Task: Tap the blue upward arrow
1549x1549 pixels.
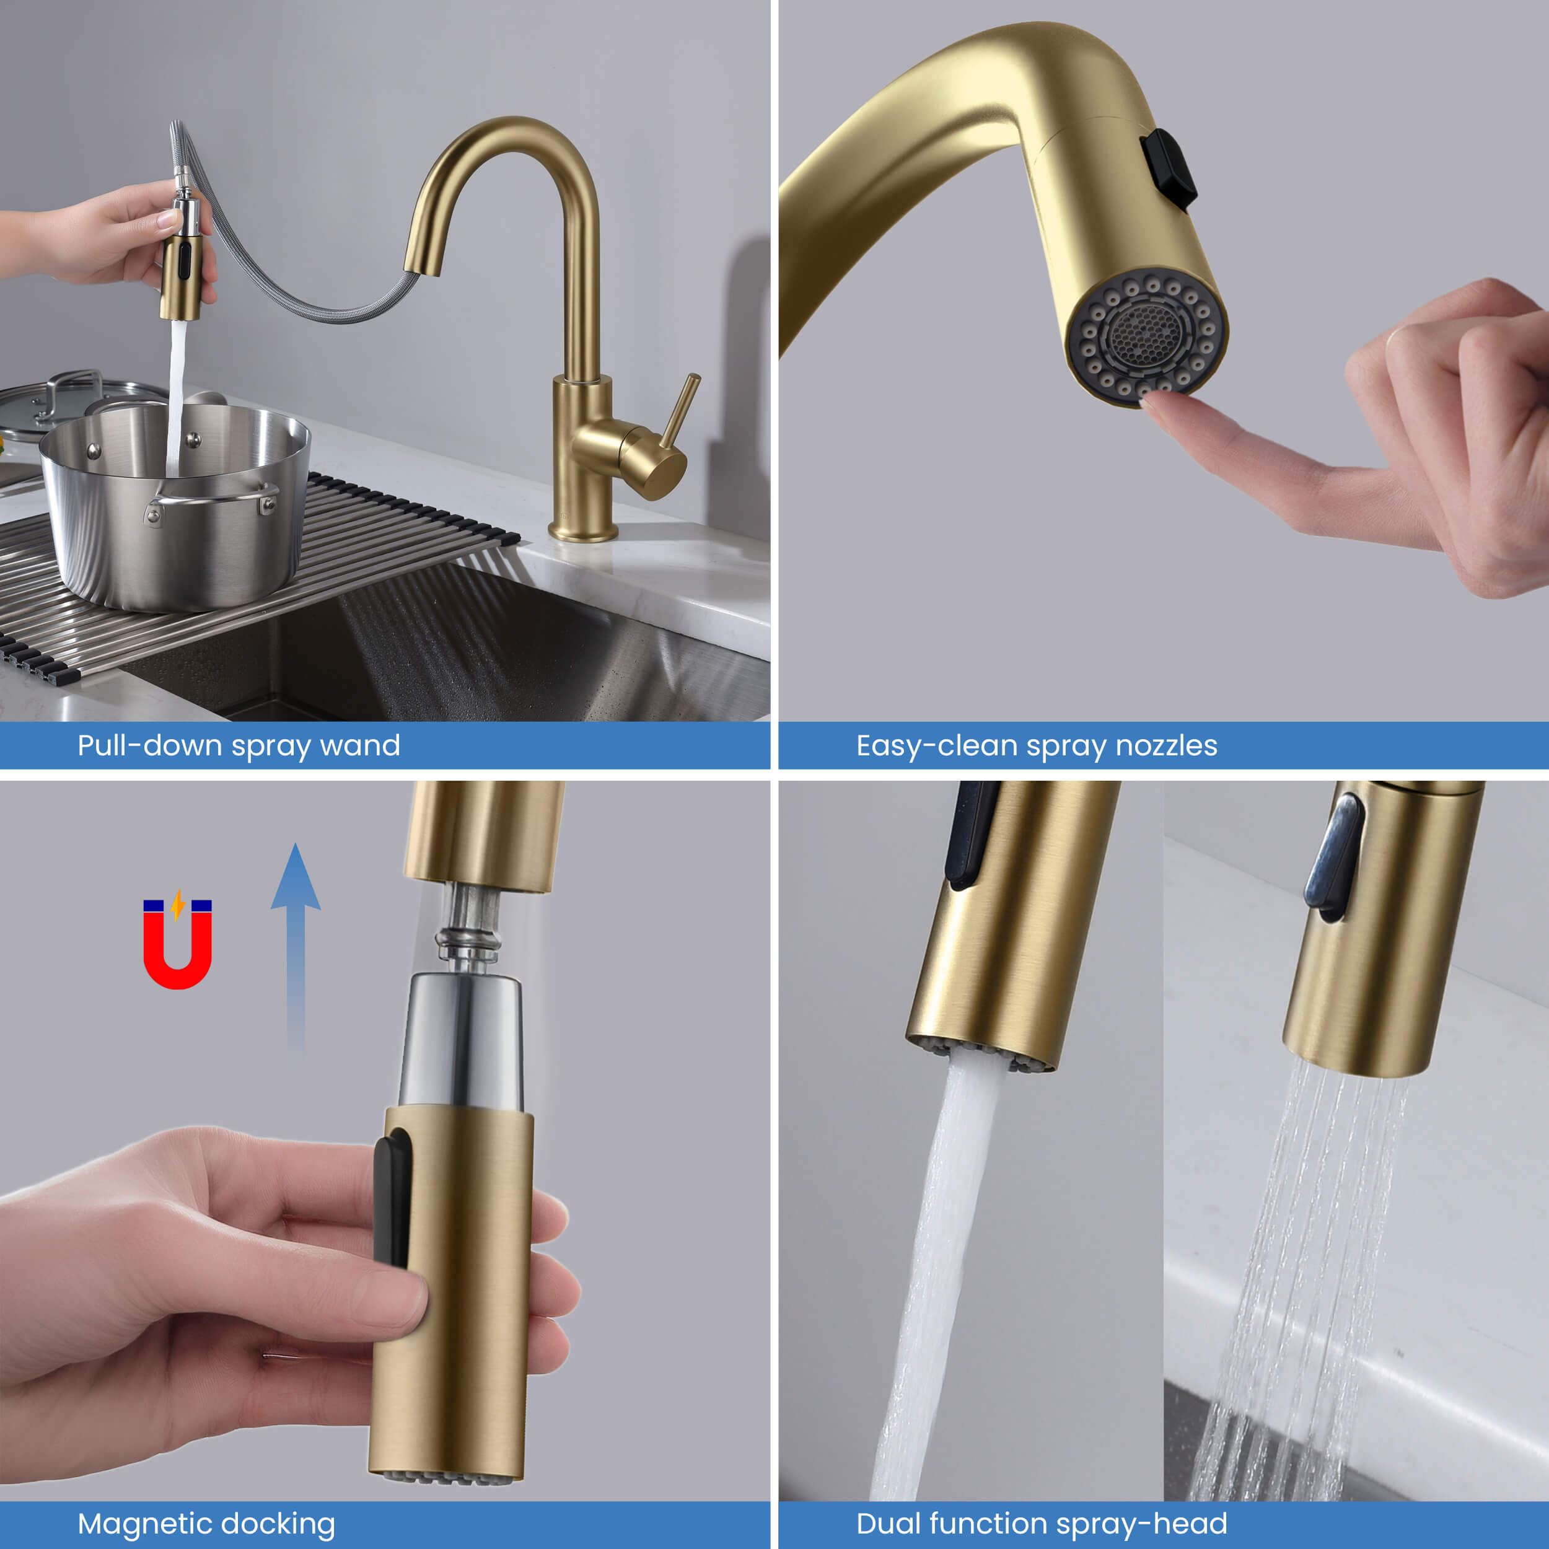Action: pos(296,950)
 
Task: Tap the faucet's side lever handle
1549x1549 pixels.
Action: pos(680,411)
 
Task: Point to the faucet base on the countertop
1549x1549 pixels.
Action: pos(583,531)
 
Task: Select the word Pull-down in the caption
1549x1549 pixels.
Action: pos(150,745)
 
